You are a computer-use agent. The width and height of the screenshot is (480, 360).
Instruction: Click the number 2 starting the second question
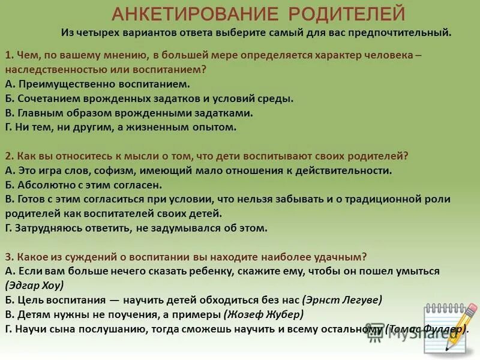(x=7, y=156)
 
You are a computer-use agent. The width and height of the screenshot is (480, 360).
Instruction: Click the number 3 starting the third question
(x=7, y=257)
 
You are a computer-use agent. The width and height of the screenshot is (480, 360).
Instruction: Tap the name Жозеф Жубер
(x=264, y=314)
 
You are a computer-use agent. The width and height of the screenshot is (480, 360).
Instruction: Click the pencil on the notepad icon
(x=461, y=327)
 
